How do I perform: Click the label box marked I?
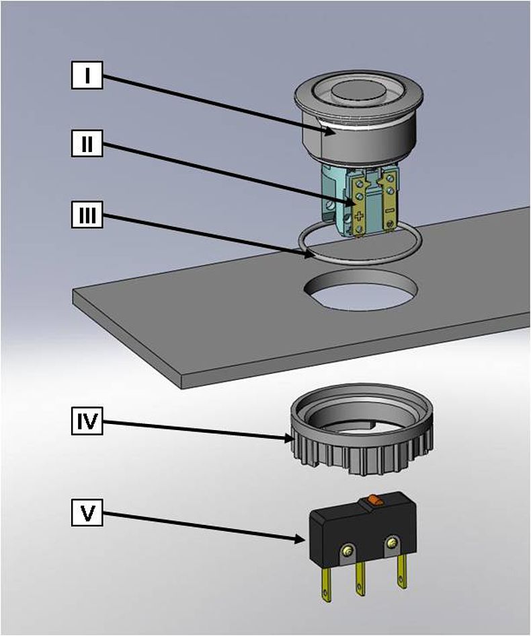tap(87, 75)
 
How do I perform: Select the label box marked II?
tap(87, 143)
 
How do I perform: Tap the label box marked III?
tap(87, 215)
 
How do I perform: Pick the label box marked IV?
tap(87, 421)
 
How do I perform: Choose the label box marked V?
tap(87, 513)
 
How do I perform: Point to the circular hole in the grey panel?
tap(361, 291)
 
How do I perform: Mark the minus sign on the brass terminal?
tap(389, 211)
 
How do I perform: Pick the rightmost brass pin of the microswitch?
tap(402, 571)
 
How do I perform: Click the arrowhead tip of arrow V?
tap(304, 540)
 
